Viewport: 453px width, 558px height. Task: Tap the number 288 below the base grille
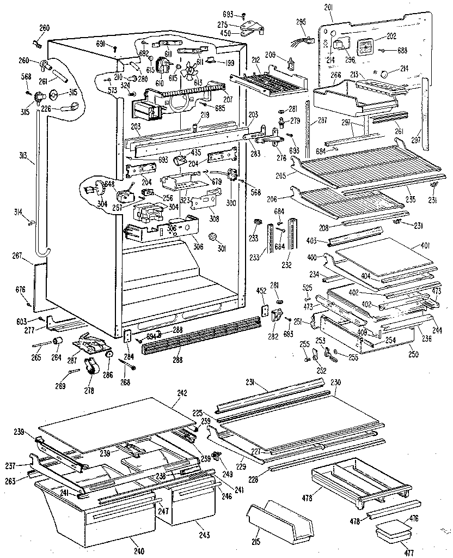tap(177, 360)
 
